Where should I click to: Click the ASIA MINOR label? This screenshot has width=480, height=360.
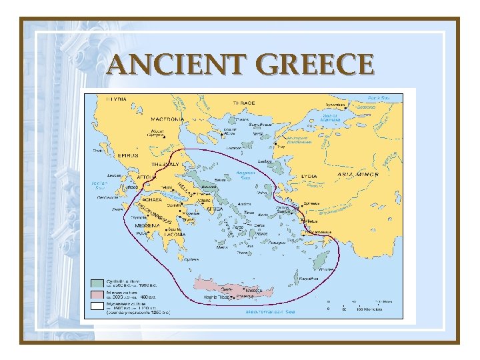358,175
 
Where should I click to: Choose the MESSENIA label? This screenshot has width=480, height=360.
148,225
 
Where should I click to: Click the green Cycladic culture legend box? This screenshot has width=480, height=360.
97,283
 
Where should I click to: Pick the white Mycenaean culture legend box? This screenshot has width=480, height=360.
97,306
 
